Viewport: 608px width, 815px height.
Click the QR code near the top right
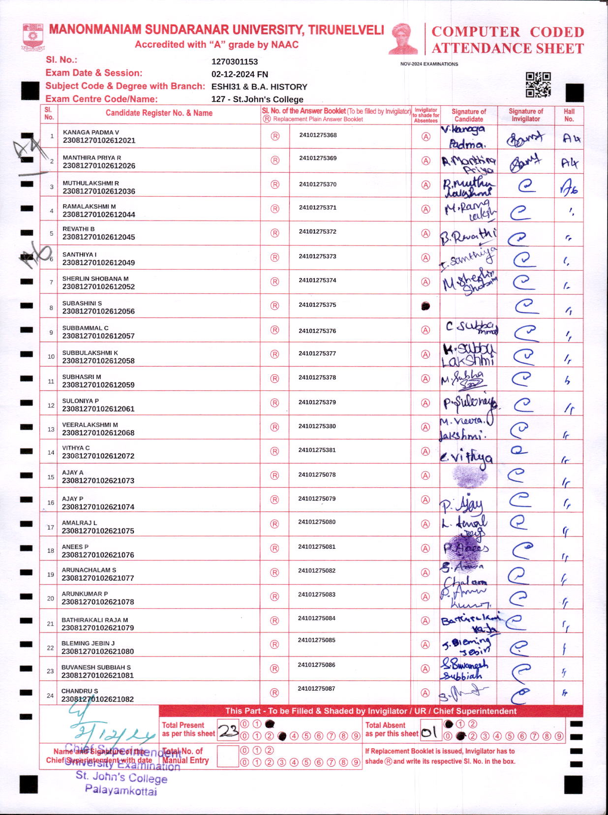tap(538, 85)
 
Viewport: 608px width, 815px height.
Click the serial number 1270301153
tap(235, 62)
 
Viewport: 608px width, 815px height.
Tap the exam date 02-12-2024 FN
tap(240, 74)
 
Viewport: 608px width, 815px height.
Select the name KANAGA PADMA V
tap(91, 132)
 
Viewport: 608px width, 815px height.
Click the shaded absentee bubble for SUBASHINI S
tap(426, 306)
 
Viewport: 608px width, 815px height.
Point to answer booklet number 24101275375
tap(317, 305)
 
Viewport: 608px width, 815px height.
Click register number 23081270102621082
tap(97, 699)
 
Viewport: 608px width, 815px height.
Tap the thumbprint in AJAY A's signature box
tap(469, 475)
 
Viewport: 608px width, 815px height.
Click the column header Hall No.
tap(569, 115)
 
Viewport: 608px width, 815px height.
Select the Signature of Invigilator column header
tap(526, 115)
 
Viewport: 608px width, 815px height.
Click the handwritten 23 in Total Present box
tap(228, 730)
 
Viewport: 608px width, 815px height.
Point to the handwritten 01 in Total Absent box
tap(429, 732)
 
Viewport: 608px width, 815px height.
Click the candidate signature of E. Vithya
tap(466, 457)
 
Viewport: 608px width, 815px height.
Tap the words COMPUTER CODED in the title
tap(508, 32)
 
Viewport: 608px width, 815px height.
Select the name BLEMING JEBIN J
tap(88, 643)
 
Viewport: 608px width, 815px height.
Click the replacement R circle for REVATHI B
tap(275, 233)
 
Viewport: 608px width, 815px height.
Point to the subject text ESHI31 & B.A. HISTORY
tap(259, 87)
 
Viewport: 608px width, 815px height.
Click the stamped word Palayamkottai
tap(121, 790)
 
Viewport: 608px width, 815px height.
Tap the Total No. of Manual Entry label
tap(185, 755)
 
